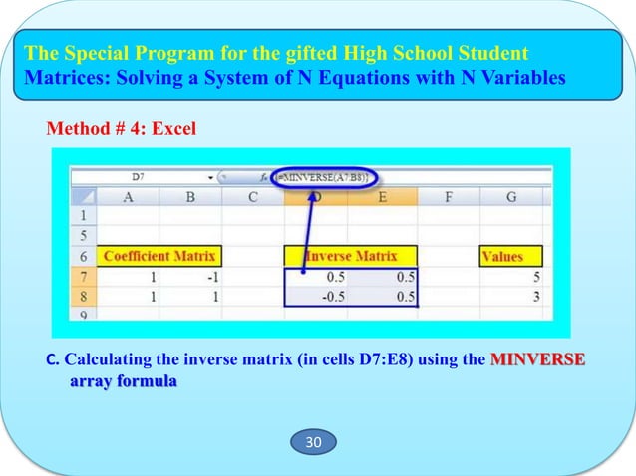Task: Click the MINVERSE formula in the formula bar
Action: point(331,177)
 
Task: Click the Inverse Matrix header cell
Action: point(351,256)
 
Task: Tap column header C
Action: point(253,197)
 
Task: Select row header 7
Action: point(82,277)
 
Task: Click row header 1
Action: point(82,215)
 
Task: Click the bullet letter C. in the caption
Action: point(55,359)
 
